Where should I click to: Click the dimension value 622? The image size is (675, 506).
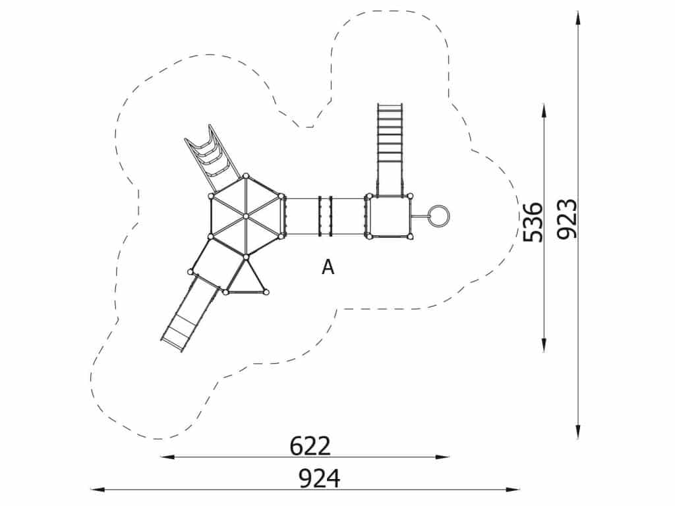point(310,446)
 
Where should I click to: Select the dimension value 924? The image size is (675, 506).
point(320,478)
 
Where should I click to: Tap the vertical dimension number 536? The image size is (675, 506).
point(533,222)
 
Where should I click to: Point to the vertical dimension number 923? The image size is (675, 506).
point(566,219)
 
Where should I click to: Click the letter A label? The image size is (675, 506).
point(328,267)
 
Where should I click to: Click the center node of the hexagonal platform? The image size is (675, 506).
point(245,216)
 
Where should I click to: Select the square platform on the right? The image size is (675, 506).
point(390,216)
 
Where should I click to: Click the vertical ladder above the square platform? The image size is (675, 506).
point(390,149)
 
